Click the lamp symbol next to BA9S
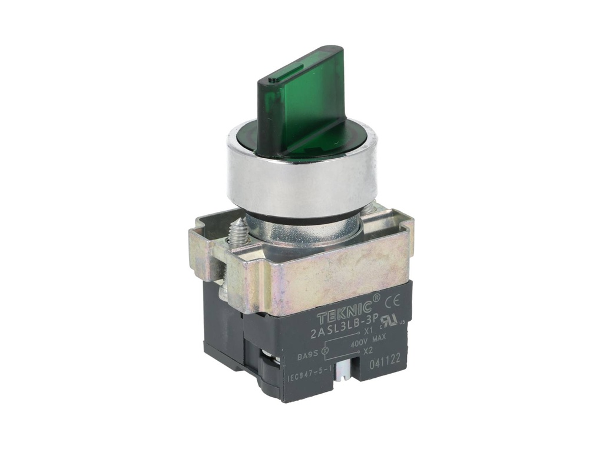[326, 352]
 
